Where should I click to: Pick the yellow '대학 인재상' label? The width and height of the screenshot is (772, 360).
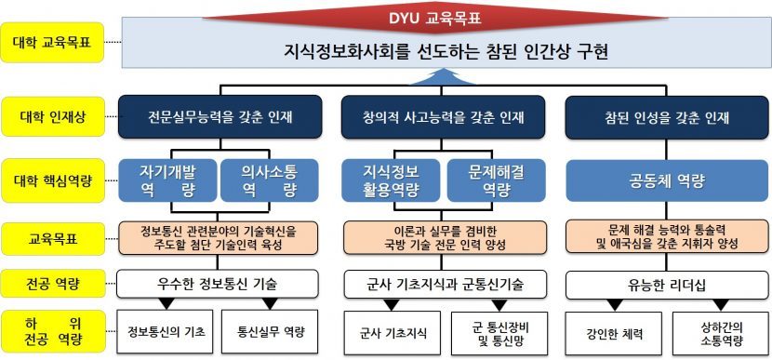tap(52, 118)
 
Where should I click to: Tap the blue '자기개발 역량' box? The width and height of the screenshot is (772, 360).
tap(167, 180)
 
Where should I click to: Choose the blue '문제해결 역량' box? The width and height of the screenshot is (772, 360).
tap(480, 180)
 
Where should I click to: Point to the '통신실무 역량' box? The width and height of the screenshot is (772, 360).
tap(271, 331)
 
